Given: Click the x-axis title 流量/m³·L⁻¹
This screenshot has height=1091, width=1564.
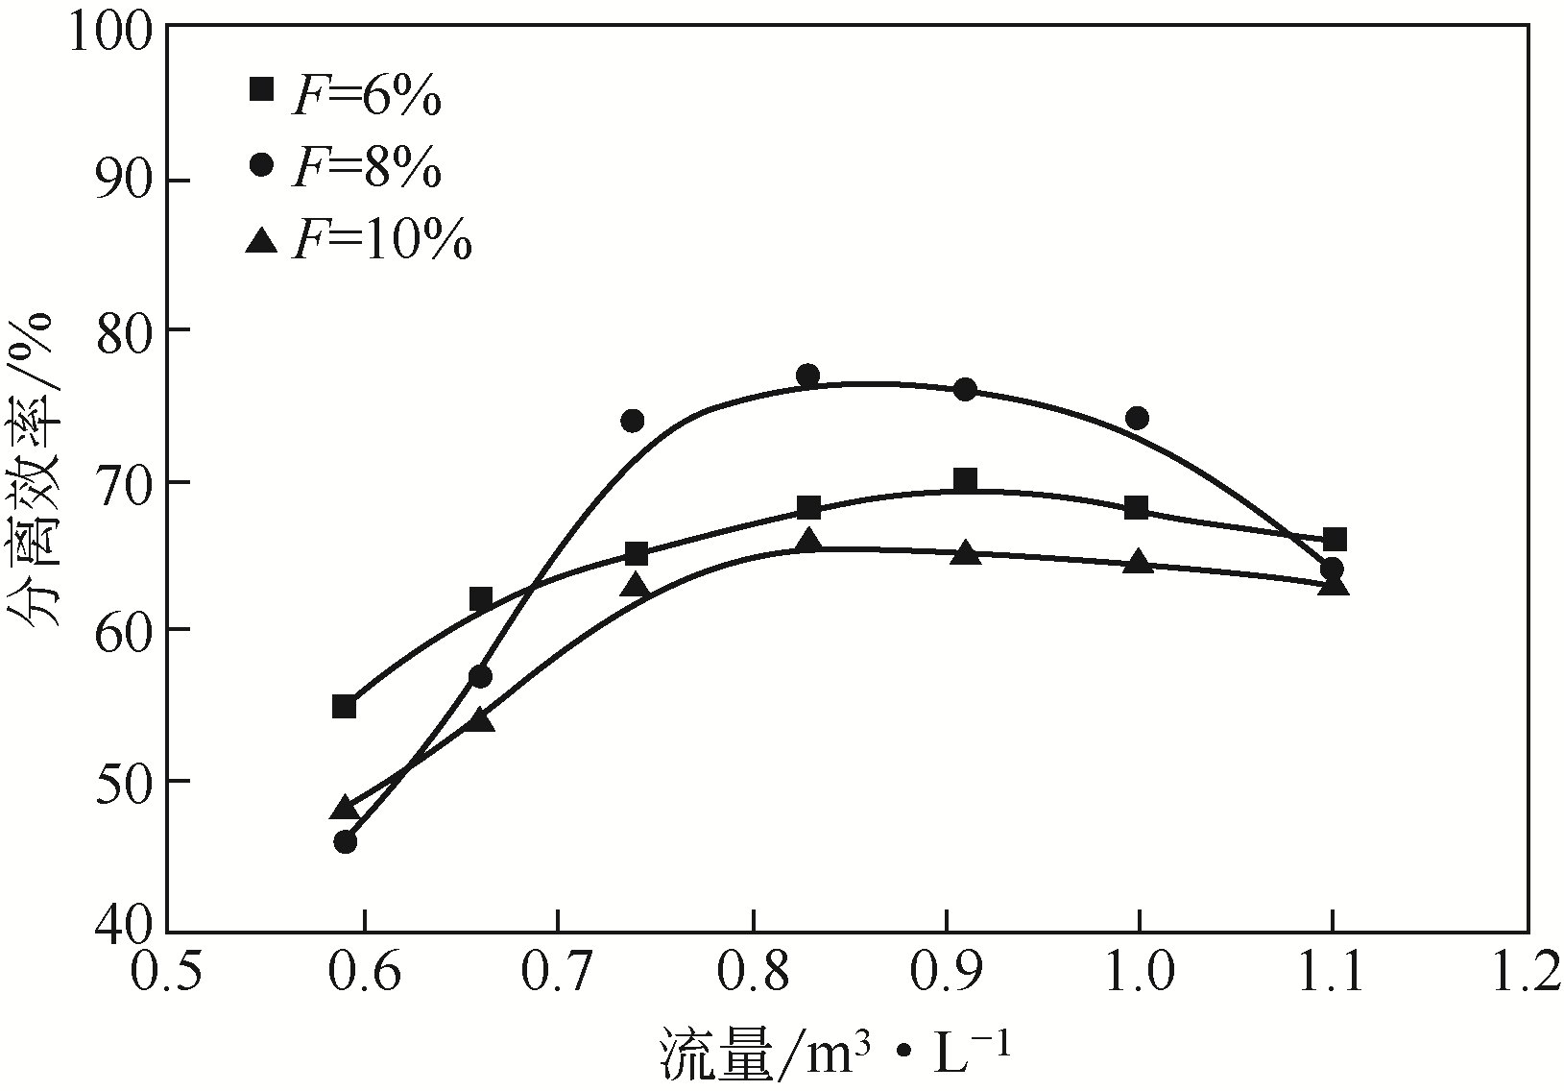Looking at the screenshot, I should click(x=835, y=1053).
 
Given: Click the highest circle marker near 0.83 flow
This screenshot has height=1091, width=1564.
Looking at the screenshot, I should click(x=807, y=375).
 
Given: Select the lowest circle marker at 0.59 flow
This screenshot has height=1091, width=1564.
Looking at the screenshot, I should click(x=346, y=842).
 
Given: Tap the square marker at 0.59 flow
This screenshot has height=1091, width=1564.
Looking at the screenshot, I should click(x=344, y=707).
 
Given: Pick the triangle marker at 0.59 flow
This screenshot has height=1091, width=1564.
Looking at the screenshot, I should click(x=345, y=809).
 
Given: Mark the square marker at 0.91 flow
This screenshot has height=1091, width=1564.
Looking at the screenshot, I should click(x=965, y=480).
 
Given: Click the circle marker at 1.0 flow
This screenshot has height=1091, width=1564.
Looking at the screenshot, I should click(x=1138, y=418).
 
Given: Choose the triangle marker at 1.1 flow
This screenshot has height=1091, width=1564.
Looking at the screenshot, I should click(x=1334, y=584).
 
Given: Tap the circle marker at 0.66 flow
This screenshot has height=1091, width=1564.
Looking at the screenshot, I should click(x=480, y=676).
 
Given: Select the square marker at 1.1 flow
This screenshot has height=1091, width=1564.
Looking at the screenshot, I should click(x=1334, y=540).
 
